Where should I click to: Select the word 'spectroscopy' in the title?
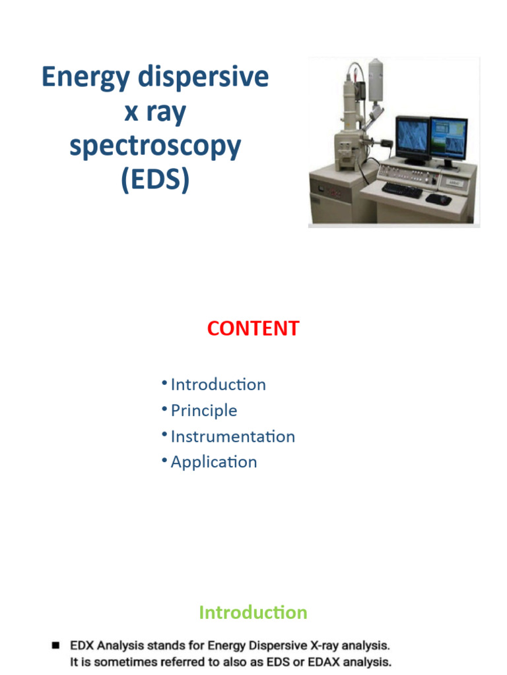[155, 146]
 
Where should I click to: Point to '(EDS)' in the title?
[155, 180]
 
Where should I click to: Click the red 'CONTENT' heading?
[253, 329]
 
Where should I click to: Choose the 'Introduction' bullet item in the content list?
[218, 384]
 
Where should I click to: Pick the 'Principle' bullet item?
[203, 411]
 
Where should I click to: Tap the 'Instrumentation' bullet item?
[232, 436]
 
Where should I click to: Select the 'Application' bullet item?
[213, 462]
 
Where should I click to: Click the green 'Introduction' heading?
[253, 612]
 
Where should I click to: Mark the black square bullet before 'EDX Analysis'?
[56, 644]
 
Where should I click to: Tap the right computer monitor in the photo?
[448, 140]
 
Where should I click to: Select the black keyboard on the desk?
[401, 190]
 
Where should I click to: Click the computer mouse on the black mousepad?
[438, 197]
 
